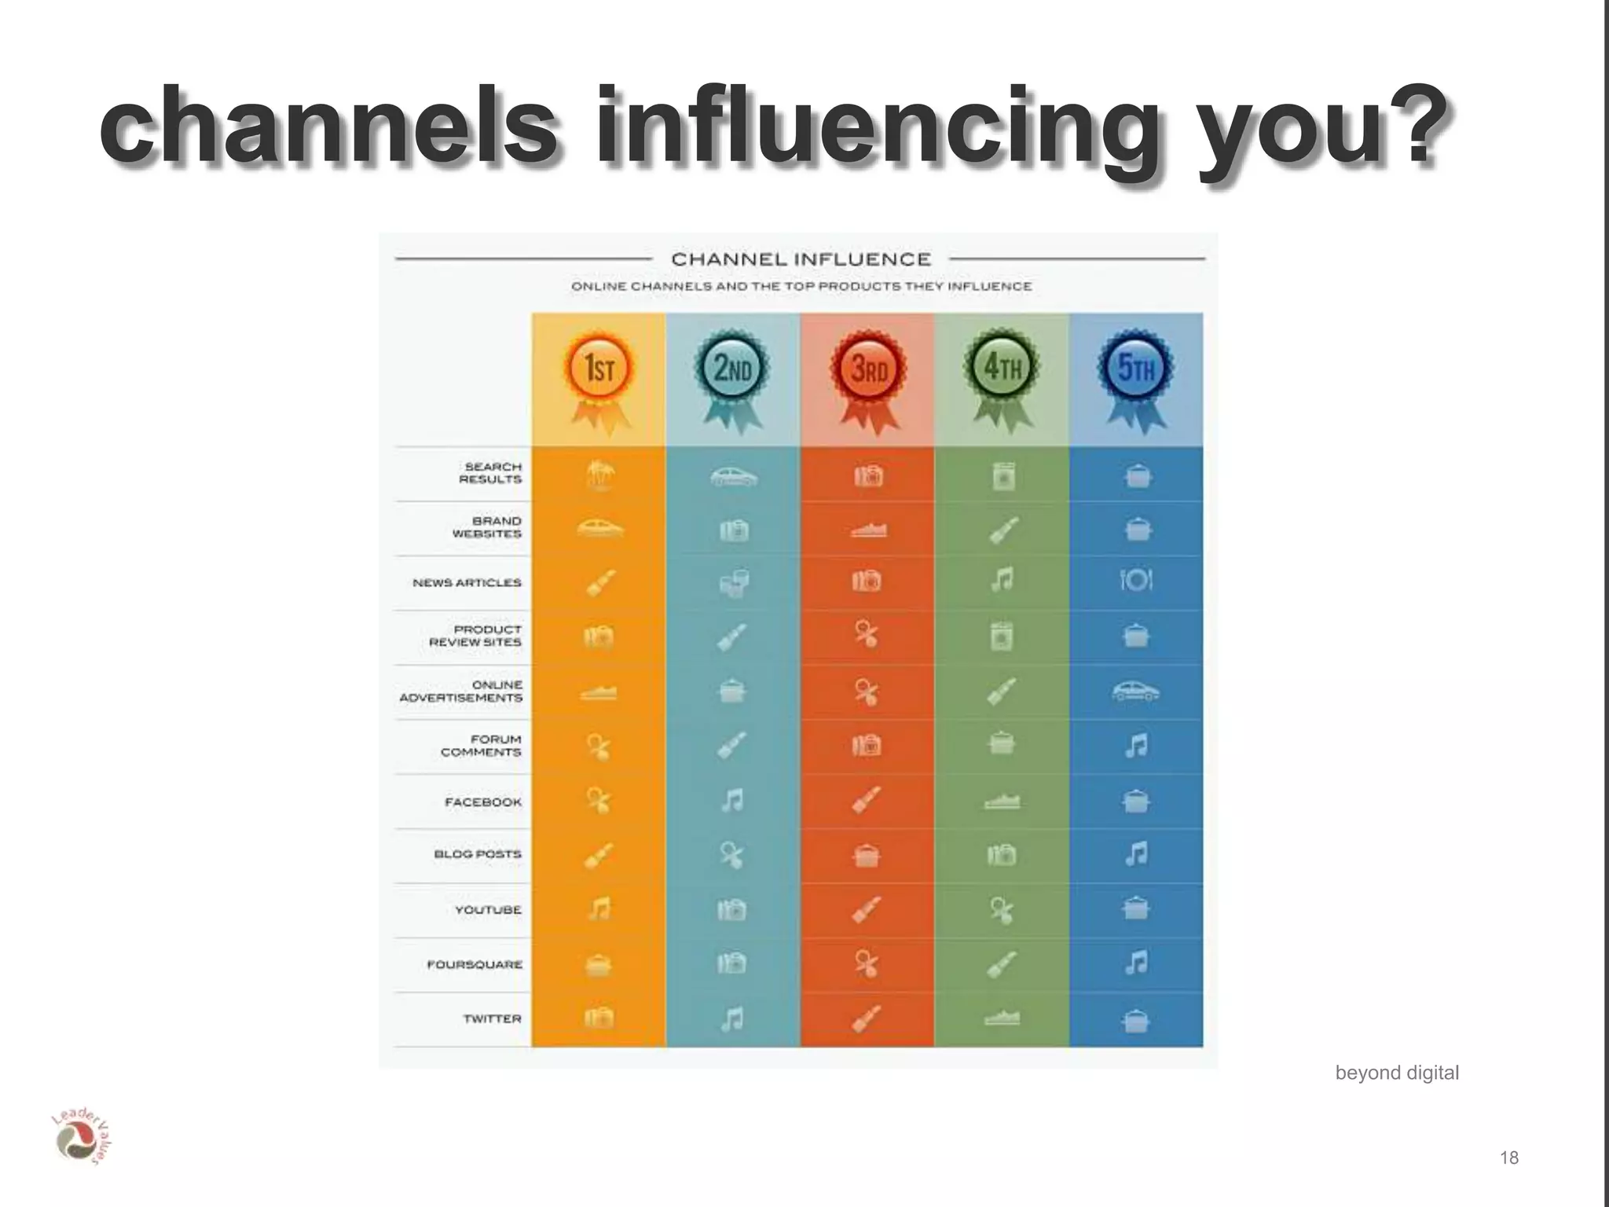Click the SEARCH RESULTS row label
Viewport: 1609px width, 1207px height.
tap(491, 473)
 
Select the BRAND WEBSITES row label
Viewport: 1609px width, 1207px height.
tap(488, 527)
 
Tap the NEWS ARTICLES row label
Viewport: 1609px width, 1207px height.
tap(467, 582)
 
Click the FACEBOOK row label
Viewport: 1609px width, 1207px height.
tap(483, 802)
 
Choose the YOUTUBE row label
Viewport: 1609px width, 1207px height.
tap(489, 910)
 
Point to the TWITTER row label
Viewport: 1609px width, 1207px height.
tap(493, 1018)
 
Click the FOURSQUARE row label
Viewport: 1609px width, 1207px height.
tap(475, 964)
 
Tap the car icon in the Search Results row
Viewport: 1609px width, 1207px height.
tap(733, 476)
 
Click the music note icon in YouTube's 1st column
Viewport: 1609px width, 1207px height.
tap(599, 909)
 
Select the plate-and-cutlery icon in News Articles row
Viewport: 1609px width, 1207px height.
tap(1136, 581)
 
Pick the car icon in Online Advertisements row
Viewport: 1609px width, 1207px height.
tap(1136, 692)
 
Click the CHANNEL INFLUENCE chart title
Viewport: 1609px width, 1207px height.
tap(801, 259)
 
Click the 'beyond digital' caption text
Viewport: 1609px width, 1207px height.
tap(1397, 1073)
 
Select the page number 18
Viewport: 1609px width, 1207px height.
tap(1509, 1157)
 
